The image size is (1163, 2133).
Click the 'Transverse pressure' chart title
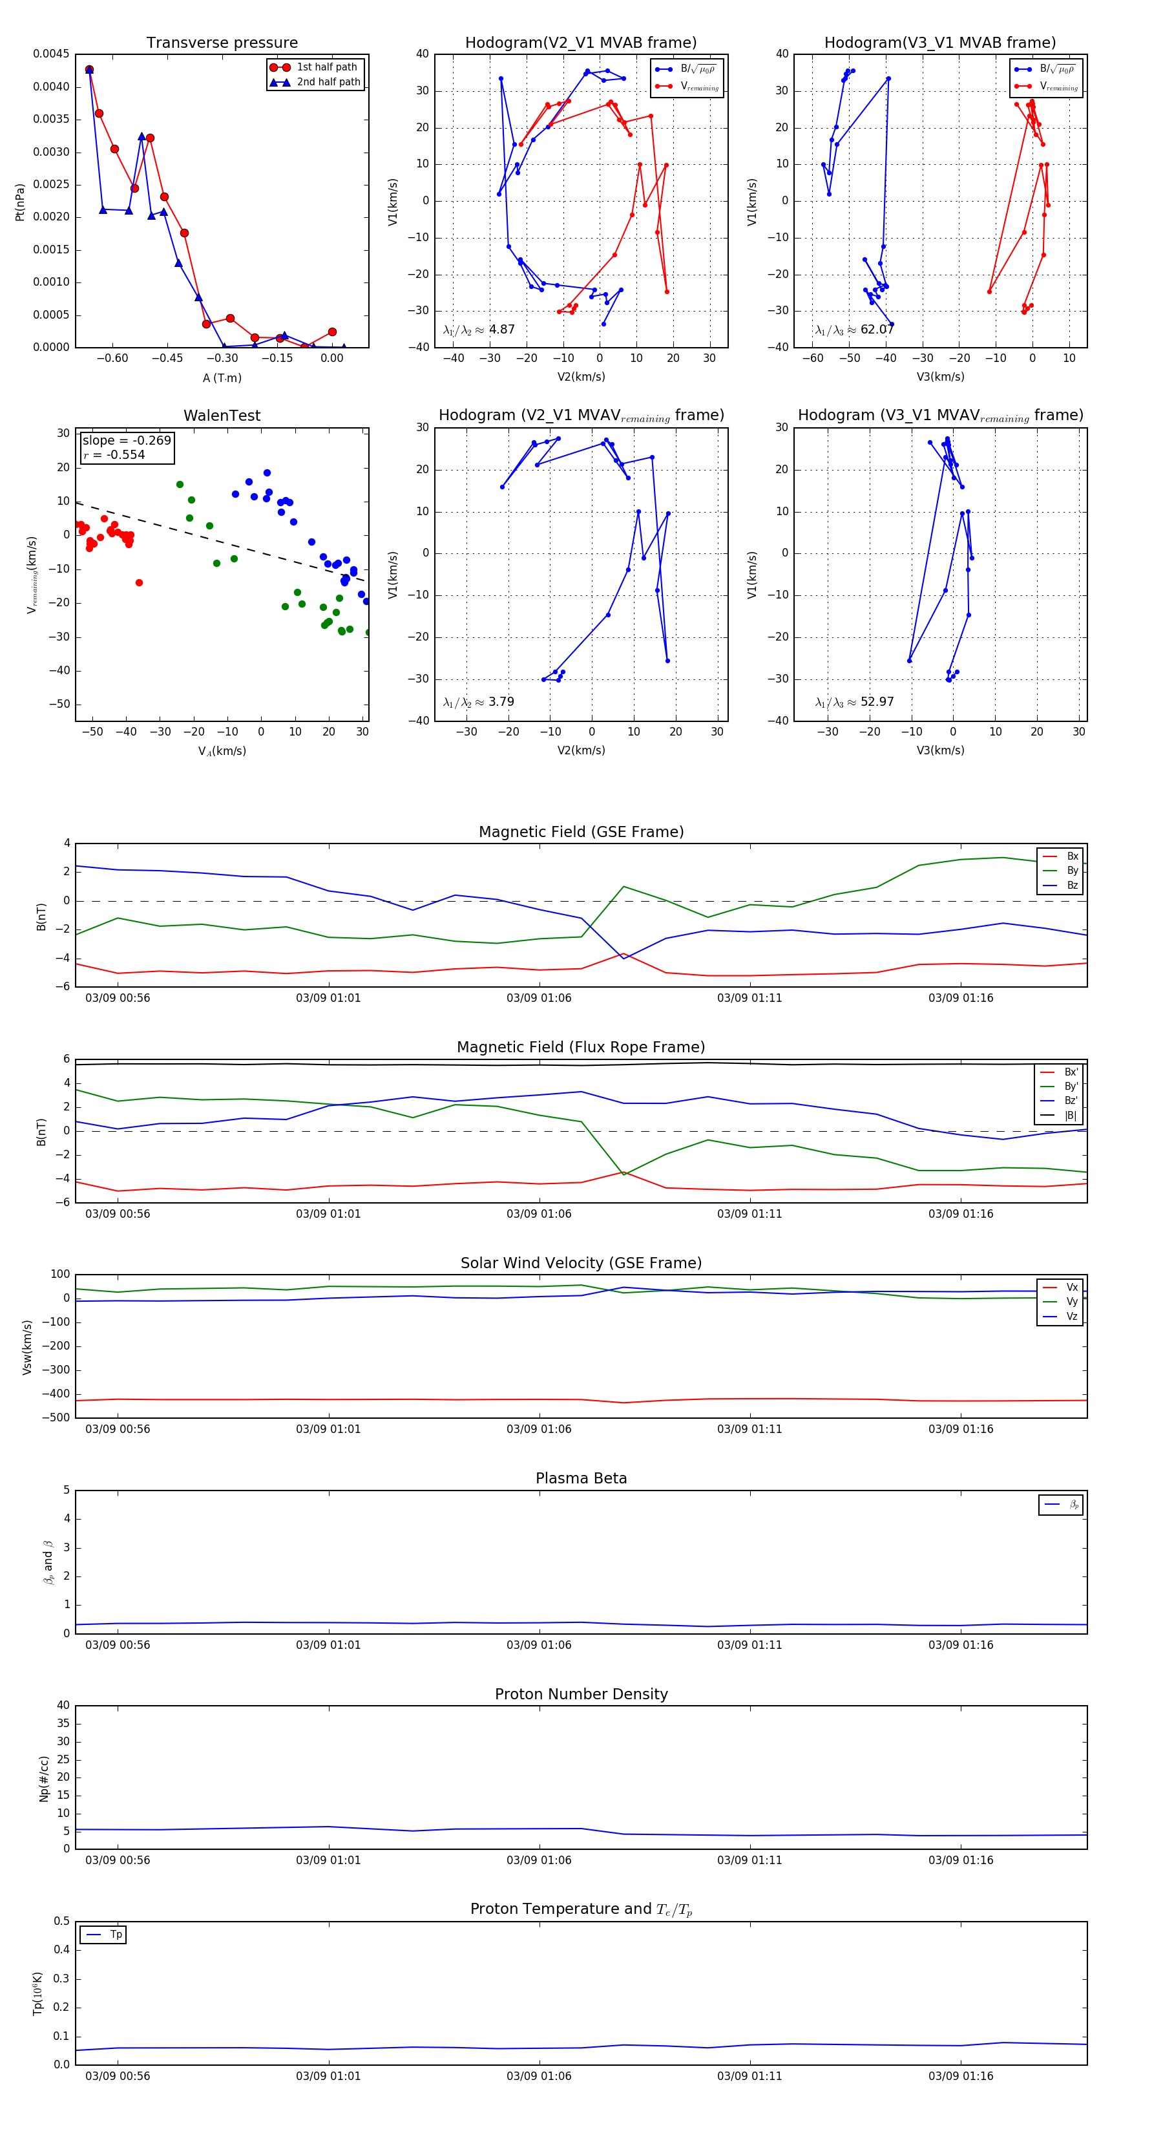222,43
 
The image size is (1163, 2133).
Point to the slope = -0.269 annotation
127,441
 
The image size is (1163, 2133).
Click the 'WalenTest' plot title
222,416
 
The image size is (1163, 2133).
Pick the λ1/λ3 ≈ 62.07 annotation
854,330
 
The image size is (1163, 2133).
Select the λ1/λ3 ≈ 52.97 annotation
854,702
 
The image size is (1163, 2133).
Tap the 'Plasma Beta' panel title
581,1478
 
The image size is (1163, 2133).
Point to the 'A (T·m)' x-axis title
222,377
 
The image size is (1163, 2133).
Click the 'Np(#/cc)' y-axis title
44,1779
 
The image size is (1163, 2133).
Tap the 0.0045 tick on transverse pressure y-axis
51,54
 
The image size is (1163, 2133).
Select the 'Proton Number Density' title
581,1694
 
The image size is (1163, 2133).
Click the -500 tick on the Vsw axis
56,1417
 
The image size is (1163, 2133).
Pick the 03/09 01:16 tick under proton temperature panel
960,2076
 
